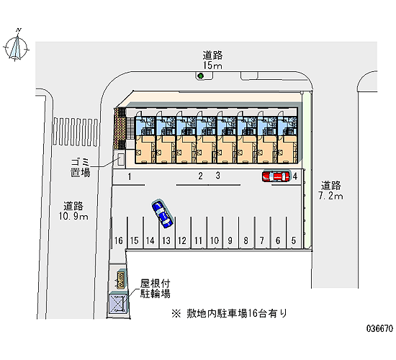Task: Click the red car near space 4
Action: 276,176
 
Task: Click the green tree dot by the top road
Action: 201,76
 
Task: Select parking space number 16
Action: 119,240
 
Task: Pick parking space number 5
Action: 294,240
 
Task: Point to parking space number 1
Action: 130,176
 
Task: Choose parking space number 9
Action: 230,240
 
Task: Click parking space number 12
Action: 182,240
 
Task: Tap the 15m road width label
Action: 212,66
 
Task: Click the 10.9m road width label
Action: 73,216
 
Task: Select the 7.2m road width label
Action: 331,196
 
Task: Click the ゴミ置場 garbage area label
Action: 81,167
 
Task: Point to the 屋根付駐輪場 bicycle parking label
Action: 156,289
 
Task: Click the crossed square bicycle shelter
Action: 117,303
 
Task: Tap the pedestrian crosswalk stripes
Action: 76,132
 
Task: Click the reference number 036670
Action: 380,328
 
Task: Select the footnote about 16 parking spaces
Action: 229,313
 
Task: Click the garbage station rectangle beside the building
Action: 121,160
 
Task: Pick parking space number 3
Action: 217,176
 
